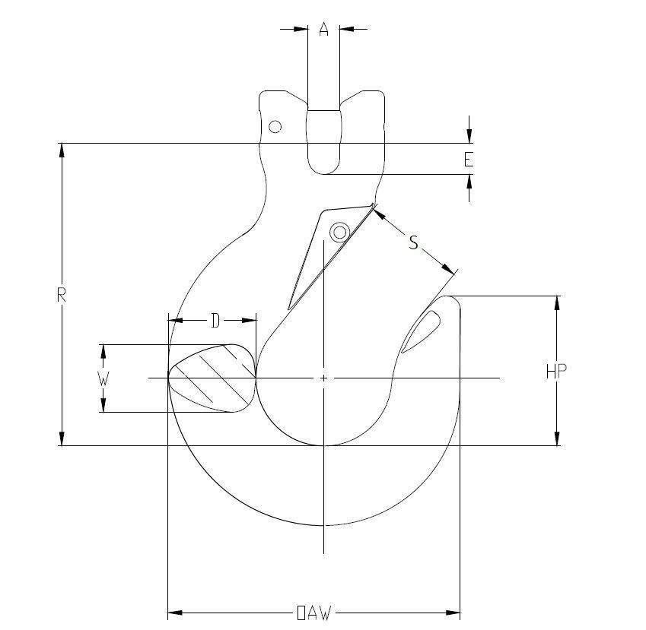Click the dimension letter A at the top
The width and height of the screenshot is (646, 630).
pyautogui.click(x=323, y=30)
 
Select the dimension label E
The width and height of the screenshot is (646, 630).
pyautogui.click(x=469, y=160)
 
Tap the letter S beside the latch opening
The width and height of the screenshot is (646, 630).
pyautogui.click(x=413, y=242)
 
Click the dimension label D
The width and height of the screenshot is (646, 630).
pyautogui.click(x=215, y=321)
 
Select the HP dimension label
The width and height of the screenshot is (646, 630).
pyautogui.click(x=556, y=372)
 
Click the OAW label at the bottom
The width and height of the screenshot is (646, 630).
pyautogui.click(x=313, y=613)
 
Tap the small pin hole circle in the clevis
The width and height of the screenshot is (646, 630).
pyautogui.click(x=275, y=126)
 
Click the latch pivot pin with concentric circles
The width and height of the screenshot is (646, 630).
pyautogui.click(x=339, y=231)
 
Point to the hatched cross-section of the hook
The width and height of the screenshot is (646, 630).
pyautogui.click(x=212, y=378)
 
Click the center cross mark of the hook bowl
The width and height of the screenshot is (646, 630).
pyautogui.click(x=324, y=378)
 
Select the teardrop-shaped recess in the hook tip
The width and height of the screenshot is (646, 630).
pyautogui.click(x=421, y=331)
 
